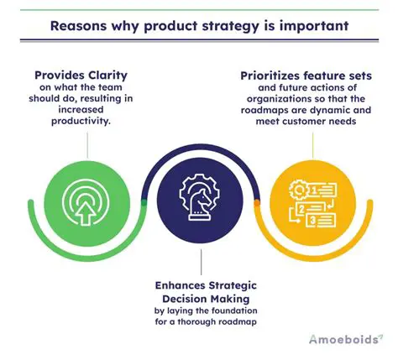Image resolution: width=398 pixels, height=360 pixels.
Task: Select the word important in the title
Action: (315, 24)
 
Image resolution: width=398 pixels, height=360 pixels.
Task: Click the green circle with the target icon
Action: (84, 201)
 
